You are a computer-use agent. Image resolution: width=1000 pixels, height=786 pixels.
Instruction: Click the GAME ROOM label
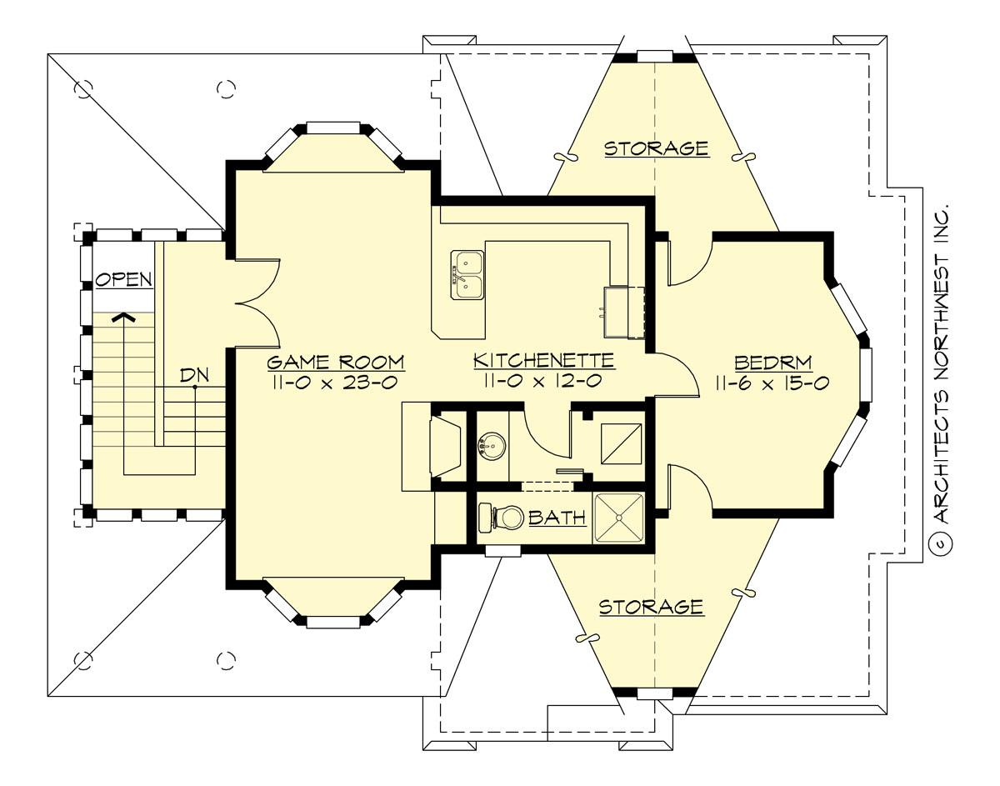(x=336, y=362)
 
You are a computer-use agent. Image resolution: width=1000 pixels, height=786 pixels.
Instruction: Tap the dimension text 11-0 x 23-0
(x=336, y=382)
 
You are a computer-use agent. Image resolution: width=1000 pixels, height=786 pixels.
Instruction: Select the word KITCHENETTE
(x=544, y=360)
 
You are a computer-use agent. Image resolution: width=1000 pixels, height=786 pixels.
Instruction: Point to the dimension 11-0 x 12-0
(x=544, y=381)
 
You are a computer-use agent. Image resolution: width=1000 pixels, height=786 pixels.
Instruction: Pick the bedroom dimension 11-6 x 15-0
(x=774, y=383)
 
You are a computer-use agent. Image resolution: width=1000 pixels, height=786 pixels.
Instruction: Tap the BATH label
(x=557, y=518)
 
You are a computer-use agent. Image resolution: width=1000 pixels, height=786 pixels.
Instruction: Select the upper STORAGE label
(x=656, y=149)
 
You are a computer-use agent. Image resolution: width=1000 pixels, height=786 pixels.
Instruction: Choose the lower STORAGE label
(x=652, y=607)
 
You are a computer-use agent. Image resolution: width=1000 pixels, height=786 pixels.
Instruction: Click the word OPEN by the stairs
(x=123, y=279)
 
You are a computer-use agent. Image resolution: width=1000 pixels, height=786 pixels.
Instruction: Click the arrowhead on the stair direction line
(x=124, y=317)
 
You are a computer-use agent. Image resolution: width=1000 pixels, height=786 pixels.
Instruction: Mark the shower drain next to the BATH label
(x=619, y=518)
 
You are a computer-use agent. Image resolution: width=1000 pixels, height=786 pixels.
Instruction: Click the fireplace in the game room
(x=442, y=447)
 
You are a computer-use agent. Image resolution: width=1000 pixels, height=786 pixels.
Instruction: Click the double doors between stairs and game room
(x=257, y=302)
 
